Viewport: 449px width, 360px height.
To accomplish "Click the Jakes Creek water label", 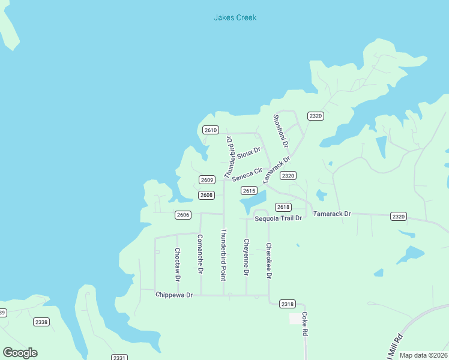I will coord(235,17).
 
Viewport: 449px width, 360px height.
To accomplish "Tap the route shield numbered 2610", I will coord(210,130).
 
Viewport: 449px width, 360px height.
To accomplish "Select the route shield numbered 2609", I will coord(207,179).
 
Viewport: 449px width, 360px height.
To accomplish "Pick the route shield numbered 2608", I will coord(206,195).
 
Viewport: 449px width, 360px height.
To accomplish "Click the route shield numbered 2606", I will coord(183,215).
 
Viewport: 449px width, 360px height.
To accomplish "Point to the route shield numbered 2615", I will coord(249,190).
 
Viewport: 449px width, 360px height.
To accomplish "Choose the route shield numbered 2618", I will coord(284,207).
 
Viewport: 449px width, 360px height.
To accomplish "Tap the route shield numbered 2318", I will coord(288,304).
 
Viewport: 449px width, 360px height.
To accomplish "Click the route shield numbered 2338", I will coord(41,322).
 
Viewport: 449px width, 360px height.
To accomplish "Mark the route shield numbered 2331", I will coord(119,357).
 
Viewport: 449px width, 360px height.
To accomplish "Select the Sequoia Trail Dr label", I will coord(277,218).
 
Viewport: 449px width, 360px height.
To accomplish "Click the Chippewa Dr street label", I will coord(173,295).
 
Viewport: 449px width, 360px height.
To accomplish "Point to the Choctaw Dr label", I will coord(177,265).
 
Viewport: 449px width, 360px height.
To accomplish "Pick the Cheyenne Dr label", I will coord(246,257).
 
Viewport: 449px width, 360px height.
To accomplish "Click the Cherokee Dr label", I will coord(268,260).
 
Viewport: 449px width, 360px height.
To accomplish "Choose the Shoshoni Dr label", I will coord(280,131).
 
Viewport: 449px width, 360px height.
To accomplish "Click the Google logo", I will coord(20,352).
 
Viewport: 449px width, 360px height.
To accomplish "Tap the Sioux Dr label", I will coord(249,153).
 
